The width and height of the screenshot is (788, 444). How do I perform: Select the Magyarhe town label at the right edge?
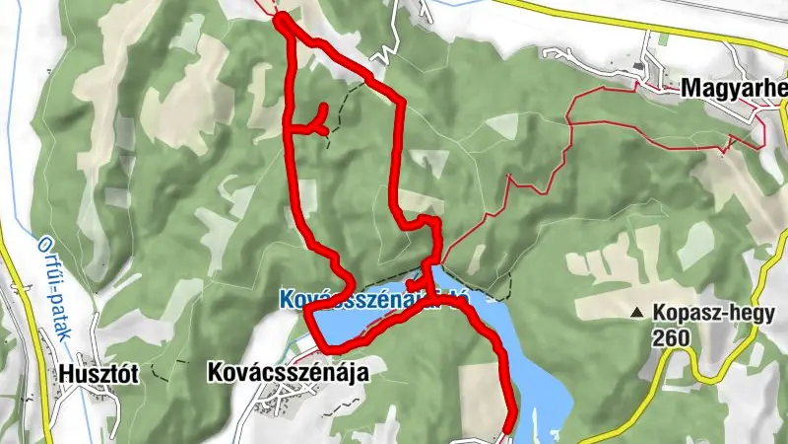click(x=734, y=89)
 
